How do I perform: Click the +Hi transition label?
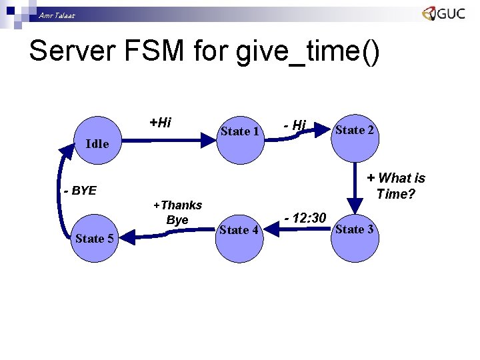pos(160,122)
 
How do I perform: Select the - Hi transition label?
pos(294,125)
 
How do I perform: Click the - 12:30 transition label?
pos(305,218)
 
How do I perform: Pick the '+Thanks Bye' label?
pos(177,212)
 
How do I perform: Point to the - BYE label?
pos(80,191)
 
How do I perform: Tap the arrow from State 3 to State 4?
pos(300,231)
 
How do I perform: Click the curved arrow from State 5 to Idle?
pos(63,193)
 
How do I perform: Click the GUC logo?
pos(443,13)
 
